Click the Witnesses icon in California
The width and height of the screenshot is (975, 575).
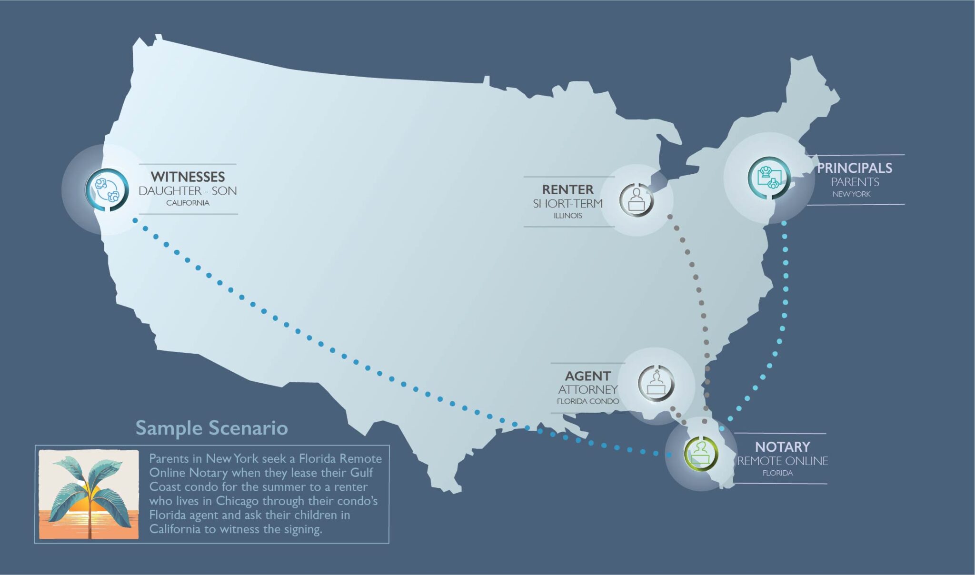(x=107, y=189)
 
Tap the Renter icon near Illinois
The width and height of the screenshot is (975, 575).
(x=637, y=200)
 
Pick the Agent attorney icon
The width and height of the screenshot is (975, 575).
(x=656, y=384)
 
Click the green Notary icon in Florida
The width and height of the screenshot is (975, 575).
(x=701, y=453)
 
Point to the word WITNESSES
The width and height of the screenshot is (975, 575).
(x=188, y=177)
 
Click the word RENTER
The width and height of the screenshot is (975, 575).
(x=567, y=189)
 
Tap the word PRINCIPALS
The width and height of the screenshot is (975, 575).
(x=855, y=168)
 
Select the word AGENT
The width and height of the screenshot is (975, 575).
(x=587, y=376)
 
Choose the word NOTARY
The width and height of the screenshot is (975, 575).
(x=782, y=447)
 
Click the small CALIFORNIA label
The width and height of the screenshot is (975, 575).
(x=188, y=203)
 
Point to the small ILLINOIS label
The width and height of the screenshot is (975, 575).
(x=567, y=216)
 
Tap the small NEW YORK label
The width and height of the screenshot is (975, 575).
(x=851, y=194)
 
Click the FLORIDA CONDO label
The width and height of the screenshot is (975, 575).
(x=588, y=402)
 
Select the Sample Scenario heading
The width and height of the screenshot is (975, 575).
(x=211, y=428)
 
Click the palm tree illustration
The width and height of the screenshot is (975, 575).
(x=89, y=495)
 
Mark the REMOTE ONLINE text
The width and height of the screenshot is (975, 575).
(x=782, y=461)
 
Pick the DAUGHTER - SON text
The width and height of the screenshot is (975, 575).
(x=188, y=191)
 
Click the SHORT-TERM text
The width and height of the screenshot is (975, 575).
(x=567, y=204)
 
